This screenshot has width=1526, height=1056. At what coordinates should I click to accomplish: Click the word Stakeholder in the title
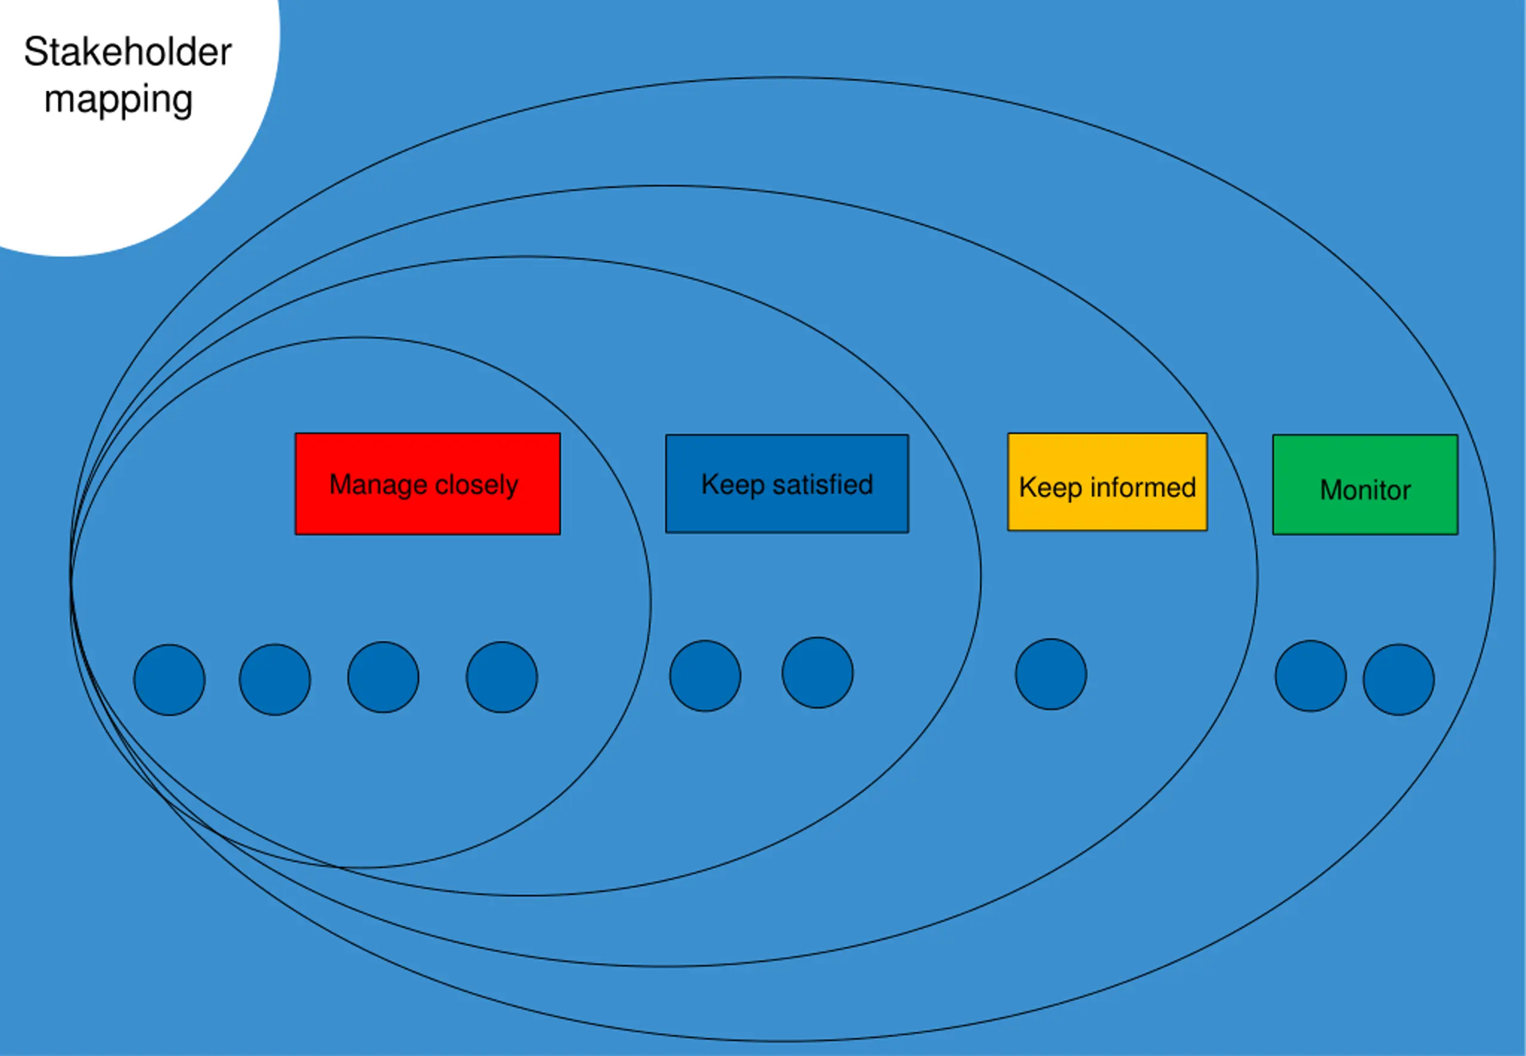point(128,52)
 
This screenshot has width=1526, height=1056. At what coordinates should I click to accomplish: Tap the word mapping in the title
point(119,101)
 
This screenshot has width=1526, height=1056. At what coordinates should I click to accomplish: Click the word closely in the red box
point(476,485)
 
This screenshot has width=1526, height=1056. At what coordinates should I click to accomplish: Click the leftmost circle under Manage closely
point(169,679)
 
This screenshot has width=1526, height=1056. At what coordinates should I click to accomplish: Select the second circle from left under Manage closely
point(275,679)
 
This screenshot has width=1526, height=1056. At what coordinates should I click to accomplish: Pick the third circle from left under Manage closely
point(383,677)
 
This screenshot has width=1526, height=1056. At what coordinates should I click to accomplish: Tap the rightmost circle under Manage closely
point(501,677)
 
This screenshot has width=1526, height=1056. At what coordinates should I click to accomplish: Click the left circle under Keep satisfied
point(705,676)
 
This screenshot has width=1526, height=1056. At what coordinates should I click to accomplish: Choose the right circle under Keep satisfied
point(817,673)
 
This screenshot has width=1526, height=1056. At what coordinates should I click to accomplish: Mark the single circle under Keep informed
point(1051,674)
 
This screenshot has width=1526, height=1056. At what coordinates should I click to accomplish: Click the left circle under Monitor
point(1310,676)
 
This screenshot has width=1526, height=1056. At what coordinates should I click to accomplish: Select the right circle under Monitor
point(1398,679)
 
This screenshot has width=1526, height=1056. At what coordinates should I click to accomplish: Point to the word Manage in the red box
point(378,485)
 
